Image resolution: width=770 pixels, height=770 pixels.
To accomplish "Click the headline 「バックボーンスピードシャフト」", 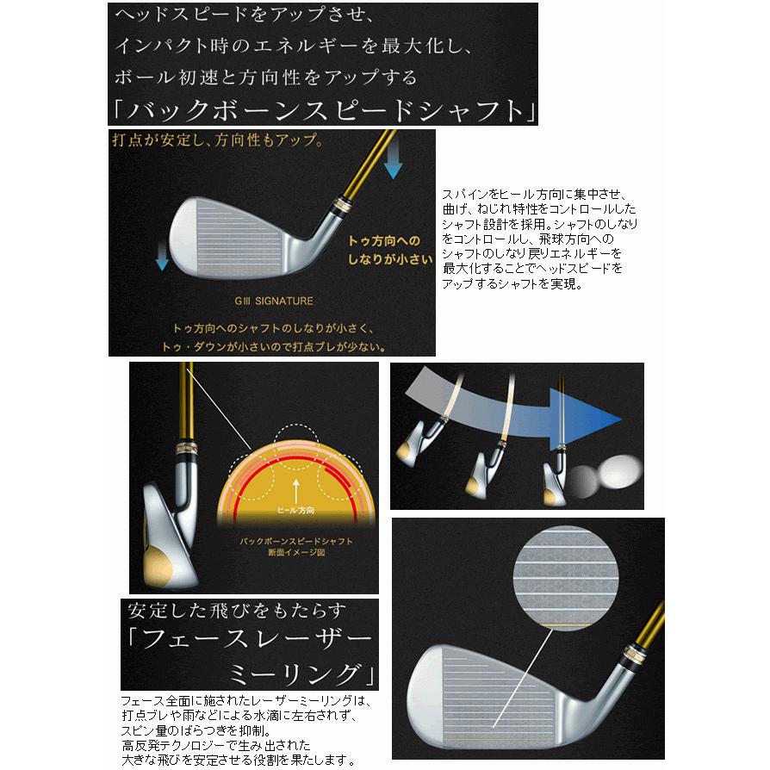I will [x=323, y=110].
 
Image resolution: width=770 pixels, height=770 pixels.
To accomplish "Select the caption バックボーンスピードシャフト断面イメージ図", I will [x=295, y=546].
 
